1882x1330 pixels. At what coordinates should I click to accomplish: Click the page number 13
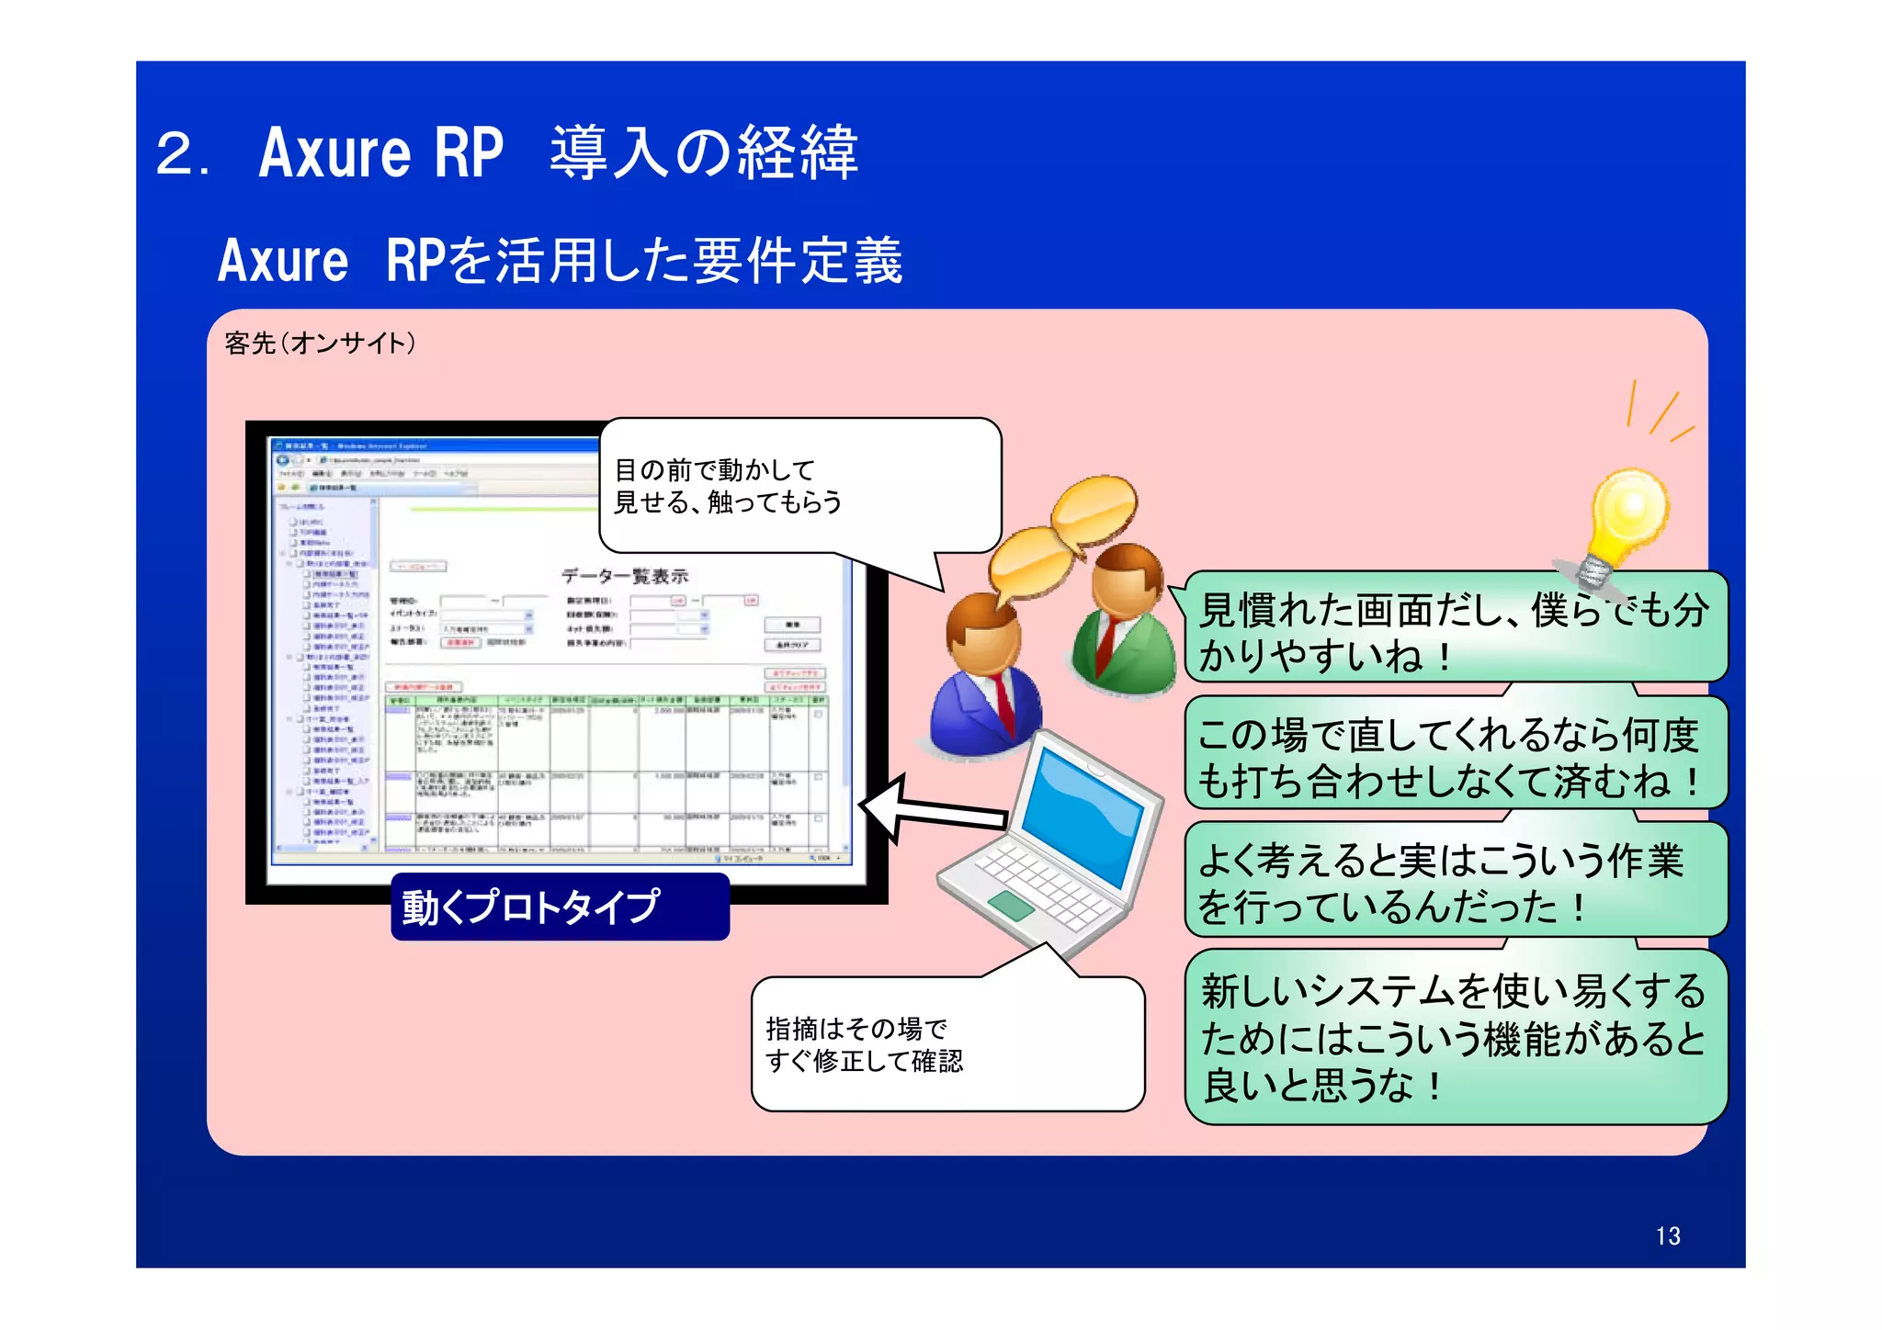click(1667, 1235)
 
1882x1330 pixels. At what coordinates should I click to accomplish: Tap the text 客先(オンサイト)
click(320, 344)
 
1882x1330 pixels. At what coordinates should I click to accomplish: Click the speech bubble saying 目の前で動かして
click(799, 487)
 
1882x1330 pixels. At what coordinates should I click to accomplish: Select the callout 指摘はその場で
click(947, 1044)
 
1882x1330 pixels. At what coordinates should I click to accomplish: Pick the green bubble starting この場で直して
click(1455, 756)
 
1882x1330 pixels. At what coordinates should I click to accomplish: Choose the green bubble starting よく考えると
click(1455, 882)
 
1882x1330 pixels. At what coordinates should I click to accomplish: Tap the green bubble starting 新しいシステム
click(1455, 1038)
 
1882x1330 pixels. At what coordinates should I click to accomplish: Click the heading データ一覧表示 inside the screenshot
click(625, 576)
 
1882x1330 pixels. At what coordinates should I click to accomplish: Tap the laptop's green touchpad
click(1012, 905)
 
